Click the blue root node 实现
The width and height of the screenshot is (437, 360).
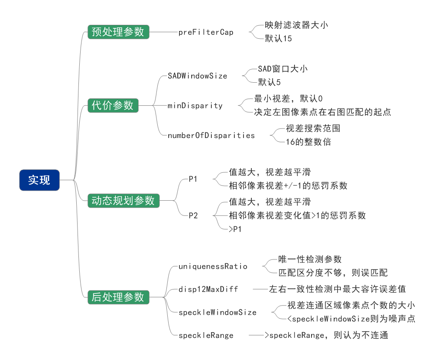[39, 180]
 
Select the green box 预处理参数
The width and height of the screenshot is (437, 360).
[118, 32]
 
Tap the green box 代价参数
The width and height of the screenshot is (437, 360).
[113, 105]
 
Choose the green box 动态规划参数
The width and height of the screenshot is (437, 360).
[123, 201]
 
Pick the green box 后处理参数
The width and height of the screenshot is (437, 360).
[118, 297]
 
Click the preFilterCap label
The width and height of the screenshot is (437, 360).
[206, 32]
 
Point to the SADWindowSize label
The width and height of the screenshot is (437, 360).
[197, 76]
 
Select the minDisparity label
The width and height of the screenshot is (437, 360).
[195, 105]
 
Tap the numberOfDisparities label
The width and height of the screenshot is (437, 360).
[211, 135]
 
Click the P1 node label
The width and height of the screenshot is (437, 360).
[193, 178]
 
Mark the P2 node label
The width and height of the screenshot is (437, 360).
[193, 215]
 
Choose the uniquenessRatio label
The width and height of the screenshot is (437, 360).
[213, 266]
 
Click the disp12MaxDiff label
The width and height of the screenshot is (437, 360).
[208, 289]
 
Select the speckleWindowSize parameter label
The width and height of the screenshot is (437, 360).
[217, 312]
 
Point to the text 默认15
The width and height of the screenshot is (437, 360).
[278, 39]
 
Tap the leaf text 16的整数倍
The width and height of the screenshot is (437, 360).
[308, 142]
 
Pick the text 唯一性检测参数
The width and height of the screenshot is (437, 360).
[310, 259]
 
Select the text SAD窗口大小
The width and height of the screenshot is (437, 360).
[283, 69]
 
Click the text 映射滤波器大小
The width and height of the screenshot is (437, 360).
[296, 25]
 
